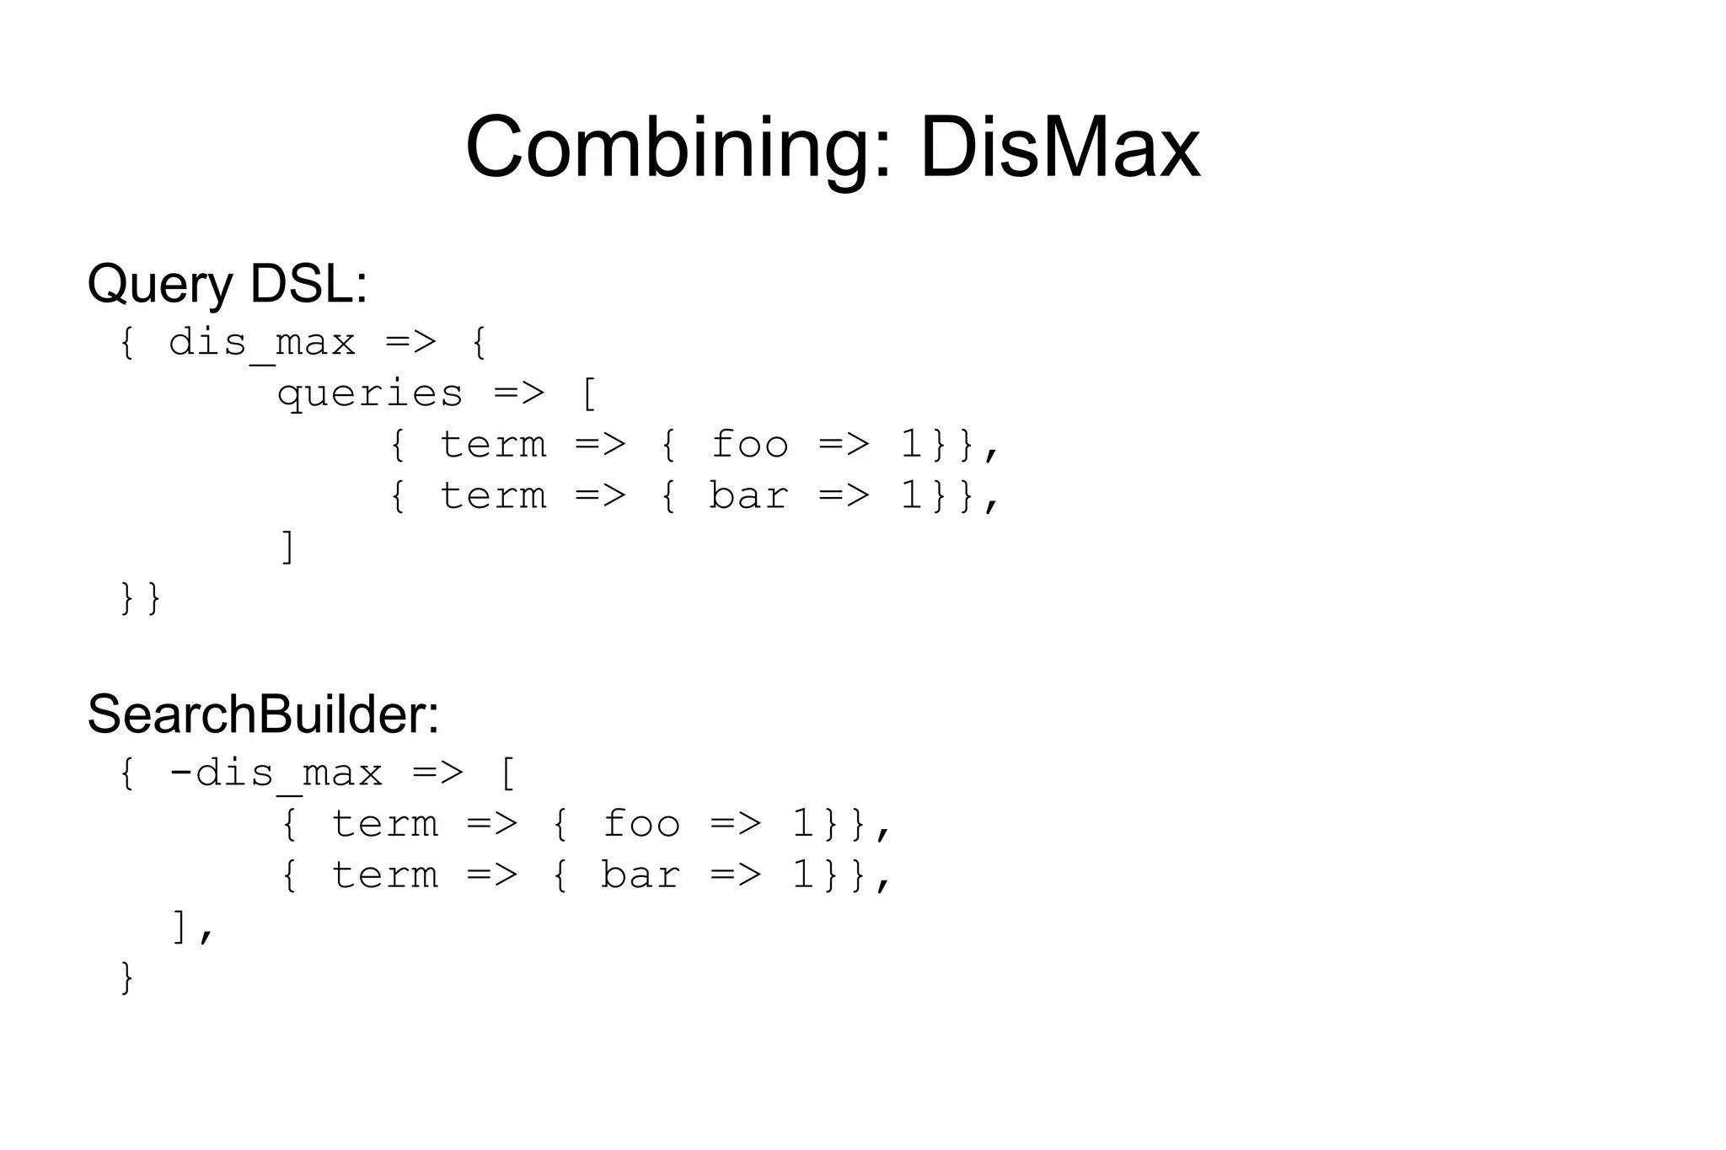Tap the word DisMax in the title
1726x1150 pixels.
point(1059,147)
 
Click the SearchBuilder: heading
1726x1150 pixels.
point(263,714)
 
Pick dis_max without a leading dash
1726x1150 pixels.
point(261,344)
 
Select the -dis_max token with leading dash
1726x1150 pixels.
point(276,773)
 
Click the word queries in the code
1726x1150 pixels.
point(370,394)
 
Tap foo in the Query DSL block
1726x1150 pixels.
point(749,445)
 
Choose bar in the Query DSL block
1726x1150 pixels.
point(748,495)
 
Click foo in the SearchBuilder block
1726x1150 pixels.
point(641,824)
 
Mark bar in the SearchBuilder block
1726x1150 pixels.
point(640,875)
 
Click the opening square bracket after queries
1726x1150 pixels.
point(589,394)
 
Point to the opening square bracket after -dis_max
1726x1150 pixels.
point(507,773)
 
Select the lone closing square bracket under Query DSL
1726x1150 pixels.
point(287,547)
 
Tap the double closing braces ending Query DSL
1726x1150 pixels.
point(140,598)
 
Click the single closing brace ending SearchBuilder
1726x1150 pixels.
point(127,977)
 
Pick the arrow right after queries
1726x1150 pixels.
point(519,394)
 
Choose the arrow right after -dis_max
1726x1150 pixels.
point(437,773)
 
